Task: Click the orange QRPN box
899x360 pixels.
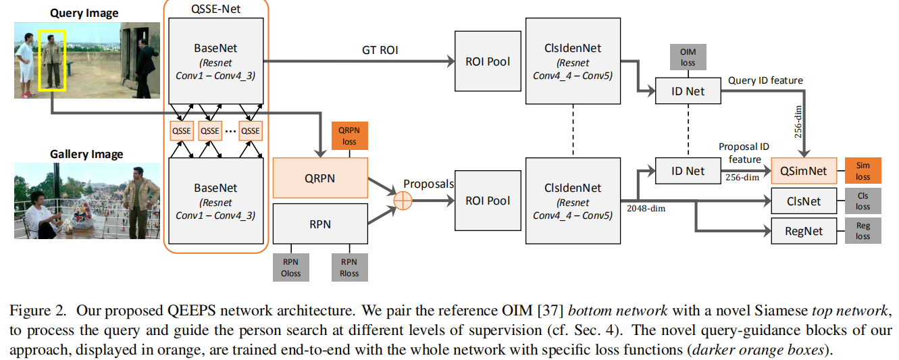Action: pyautogui.click(x=320, y=178)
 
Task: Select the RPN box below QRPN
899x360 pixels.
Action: pyautogui.click(x=320, y=224)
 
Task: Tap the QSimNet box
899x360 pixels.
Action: pyautogui.click(x=804, y=171)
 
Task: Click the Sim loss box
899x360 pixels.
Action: pyautogui.click(x=863, y=171)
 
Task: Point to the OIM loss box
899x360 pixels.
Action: pyautogui.click(x=688, y=57)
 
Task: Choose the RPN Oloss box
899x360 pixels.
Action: pyautogui.click(x=291, y=267)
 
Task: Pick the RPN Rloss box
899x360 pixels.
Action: pyautogui.click(x=350, y=267)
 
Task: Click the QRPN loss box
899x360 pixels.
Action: pyautogui.click(x=350, y=136)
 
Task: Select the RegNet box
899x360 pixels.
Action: pyautogui.click(x=804, y=231)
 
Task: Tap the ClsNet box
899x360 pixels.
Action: pyautogui.click(x=804, y=201)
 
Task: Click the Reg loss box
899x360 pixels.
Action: pyautogui.click(x=863, y=231)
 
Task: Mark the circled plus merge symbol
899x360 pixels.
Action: pyautogui.click(x=403, y=201)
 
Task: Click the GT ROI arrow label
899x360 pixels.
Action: pyautogui.click(x=380, y=50)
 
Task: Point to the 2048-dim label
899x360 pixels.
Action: pyautogui.click(x=646, y=208)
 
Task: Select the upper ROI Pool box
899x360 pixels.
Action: pyautogui.click(x=488, y=61)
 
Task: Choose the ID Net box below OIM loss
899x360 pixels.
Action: pyautogui.click(x=688, y=91)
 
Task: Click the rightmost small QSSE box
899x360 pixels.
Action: pyautogui.click(x=251, y=131)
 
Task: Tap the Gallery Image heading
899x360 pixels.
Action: pyautogui.click(x=86, y=154)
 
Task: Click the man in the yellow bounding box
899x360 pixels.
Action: pyautogui.click(x=52, y=61)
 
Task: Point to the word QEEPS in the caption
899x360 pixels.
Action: pyautogui.click(x=191, y=311)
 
